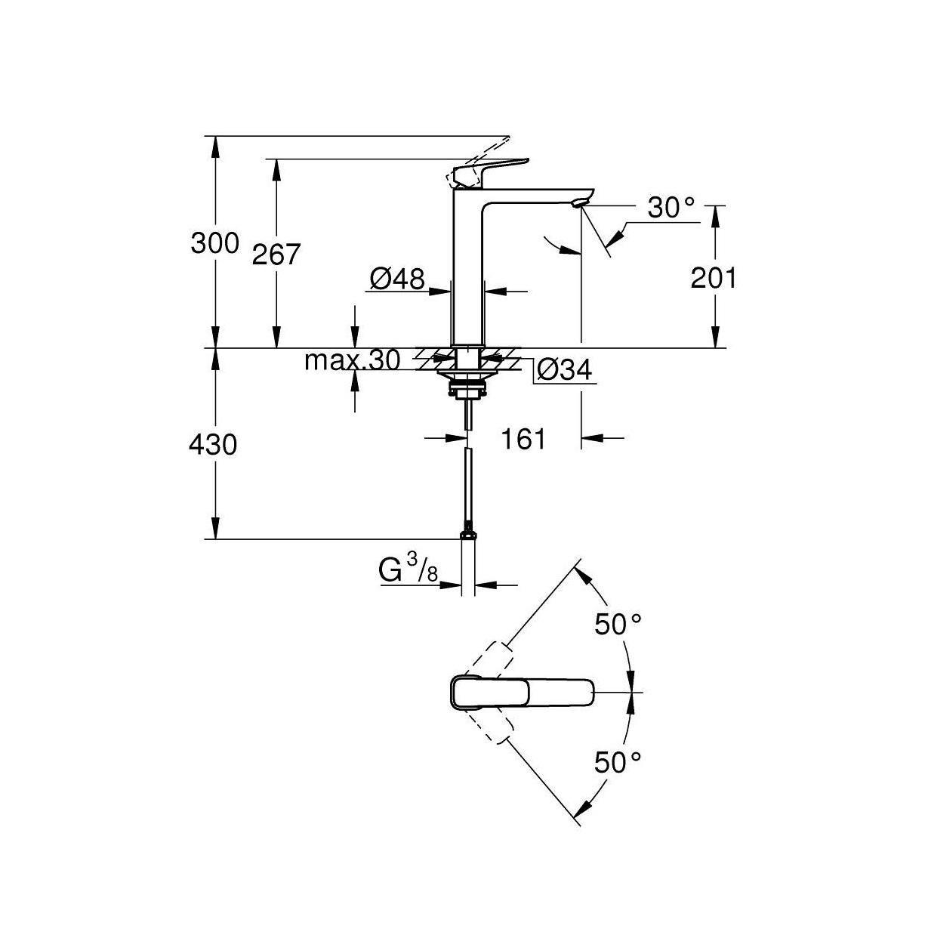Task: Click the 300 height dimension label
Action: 214,243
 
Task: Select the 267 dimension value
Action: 276,255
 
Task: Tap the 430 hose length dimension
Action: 213,444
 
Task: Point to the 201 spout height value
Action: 714,279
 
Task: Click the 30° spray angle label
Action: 671,208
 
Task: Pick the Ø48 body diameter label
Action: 397,279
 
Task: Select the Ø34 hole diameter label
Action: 563,370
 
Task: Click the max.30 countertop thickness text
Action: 352,361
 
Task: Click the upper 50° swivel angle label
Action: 618,624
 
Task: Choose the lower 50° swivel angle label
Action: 618,762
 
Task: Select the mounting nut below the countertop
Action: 468,388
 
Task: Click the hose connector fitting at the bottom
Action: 468,534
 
